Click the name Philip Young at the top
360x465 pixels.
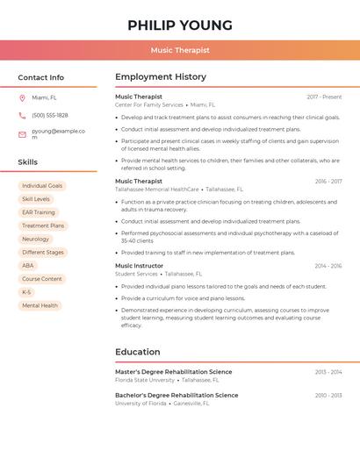(180, 25)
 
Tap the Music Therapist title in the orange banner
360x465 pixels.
(180, 50)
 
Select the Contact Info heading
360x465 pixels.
(40, 77)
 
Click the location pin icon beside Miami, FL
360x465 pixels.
(22, 98)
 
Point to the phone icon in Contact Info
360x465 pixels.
(22, 115)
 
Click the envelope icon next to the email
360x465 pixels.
(22, 134)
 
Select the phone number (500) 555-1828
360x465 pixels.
(50, 115)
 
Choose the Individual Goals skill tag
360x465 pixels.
(42, 186)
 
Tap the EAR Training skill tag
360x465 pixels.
(39, 212)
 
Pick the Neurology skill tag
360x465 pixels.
(36, 239)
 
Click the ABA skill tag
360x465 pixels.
(28, 265)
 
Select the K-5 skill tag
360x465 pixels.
(26, 292)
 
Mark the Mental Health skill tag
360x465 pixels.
(40, 305)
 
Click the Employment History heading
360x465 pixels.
(161, 77)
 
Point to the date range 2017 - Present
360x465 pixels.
(324, 97)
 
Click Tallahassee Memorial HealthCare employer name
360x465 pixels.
(157, 189)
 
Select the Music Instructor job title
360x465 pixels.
(139, 265)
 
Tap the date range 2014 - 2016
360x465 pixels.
(328, 266)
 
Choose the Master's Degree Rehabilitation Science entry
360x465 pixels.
(174, 372)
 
